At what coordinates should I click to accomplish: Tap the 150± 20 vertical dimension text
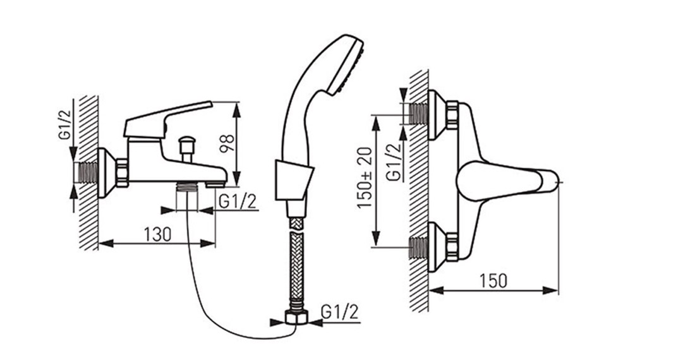tap(366, 178)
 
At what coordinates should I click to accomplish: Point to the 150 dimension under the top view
tap(493, 280)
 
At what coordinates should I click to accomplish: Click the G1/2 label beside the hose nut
tap(339, 312)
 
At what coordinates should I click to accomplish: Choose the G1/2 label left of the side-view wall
tap(65, 126)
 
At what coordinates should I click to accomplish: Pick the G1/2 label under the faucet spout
tap(238, 201)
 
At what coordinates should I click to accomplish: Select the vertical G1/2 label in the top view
tap(394, 162)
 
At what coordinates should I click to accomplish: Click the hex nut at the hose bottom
tap(296, 318)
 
